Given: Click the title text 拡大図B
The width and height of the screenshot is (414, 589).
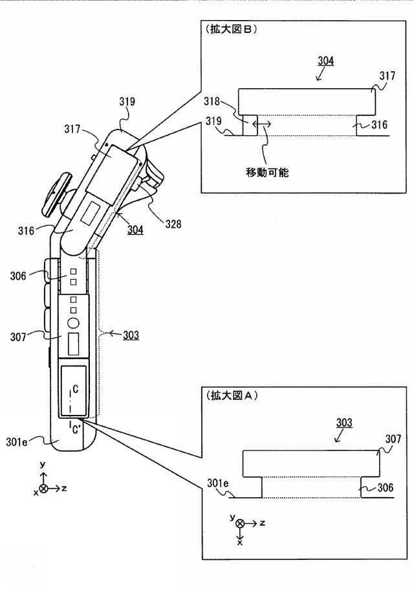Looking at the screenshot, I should [230, 30].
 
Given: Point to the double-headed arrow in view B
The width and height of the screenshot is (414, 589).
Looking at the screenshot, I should [261, 123].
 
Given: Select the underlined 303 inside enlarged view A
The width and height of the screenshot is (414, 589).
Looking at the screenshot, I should [345, 423].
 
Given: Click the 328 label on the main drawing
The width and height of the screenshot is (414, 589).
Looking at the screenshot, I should [173, 225].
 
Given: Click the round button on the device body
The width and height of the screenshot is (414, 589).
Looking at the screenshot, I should [72, 322].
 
